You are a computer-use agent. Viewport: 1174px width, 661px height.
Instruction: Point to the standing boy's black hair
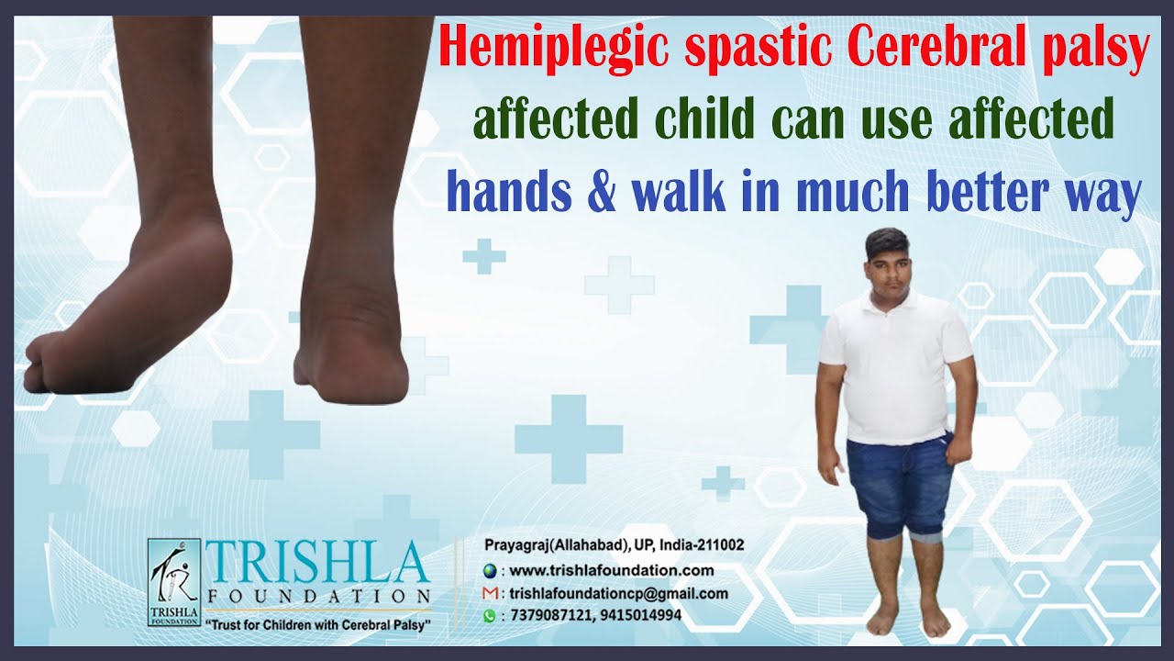pyautogui.click(x=888, y=242)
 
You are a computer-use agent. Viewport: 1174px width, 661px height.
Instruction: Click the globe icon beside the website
pyautogui.click(x=490, y=571)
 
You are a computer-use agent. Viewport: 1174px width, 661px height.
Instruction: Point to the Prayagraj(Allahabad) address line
pyautogui.click(x=614, y=545)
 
